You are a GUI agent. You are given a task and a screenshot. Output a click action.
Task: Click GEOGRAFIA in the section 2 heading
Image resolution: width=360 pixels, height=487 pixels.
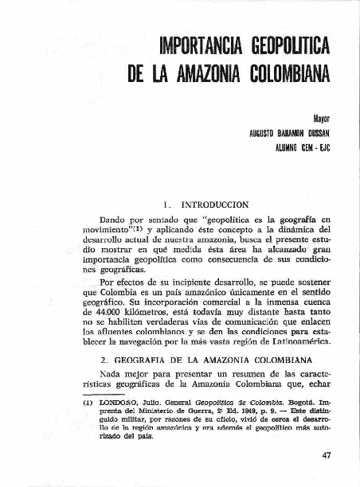138,360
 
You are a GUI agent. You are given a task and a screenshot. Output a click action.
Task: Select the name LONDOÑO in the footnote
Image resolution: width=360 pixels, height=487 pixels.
119,403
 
